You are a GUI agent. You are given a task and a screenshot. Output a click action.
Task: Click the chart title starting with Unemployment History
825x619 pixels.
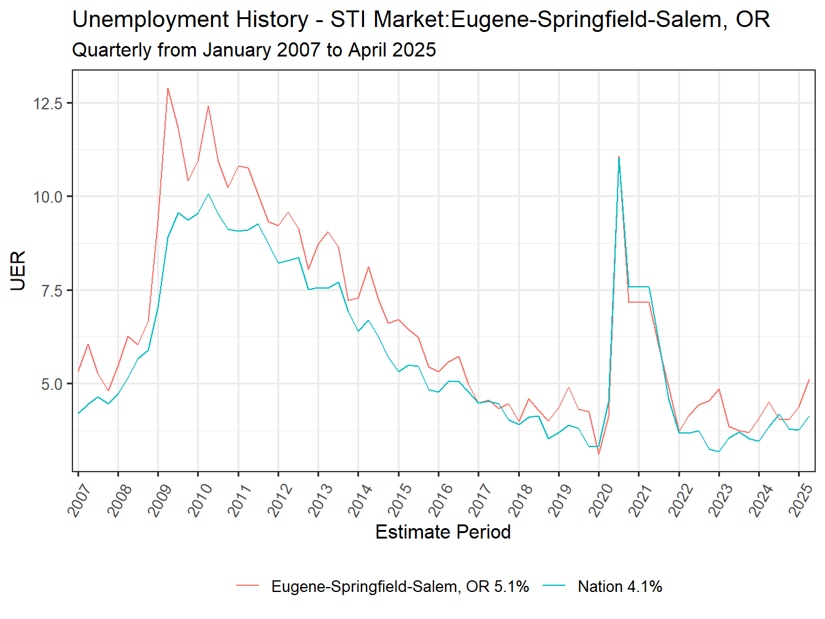(420, 20)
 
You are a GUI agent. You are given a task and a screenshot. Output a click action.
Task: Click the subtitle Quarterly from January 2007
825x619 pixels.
(254, 50)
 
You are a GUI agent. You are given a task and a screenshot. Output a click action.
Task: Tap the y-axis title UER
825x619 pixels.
(18, 271)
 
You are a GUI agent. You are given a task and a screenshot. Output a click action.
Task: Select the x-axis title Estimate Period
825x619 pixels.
(443, 532)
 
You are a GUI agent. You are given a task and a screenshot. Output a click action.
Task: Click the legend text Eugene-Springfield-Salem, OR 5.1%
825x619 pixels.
(400, 587)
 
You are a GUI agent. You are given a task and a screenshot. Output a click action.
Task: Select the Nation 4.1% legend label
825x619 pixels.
(619, 587)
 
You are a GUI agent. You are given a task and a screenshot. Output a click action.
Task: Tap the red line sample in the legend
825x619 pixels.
(248, 587)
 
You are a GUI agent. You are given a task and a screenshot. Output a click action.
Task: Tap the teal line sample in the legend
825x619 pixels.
(554, 587)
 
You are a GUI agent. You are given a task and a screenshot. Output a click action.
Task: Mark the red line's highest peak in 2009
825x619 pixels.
(168, 88)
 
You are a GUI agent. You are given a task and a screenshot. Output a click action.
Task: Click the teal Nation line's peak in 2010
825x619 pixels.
(208, 194)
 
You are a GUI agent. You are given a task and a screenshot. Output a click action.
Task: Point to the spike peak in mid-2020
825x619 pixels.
(619, 157)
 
